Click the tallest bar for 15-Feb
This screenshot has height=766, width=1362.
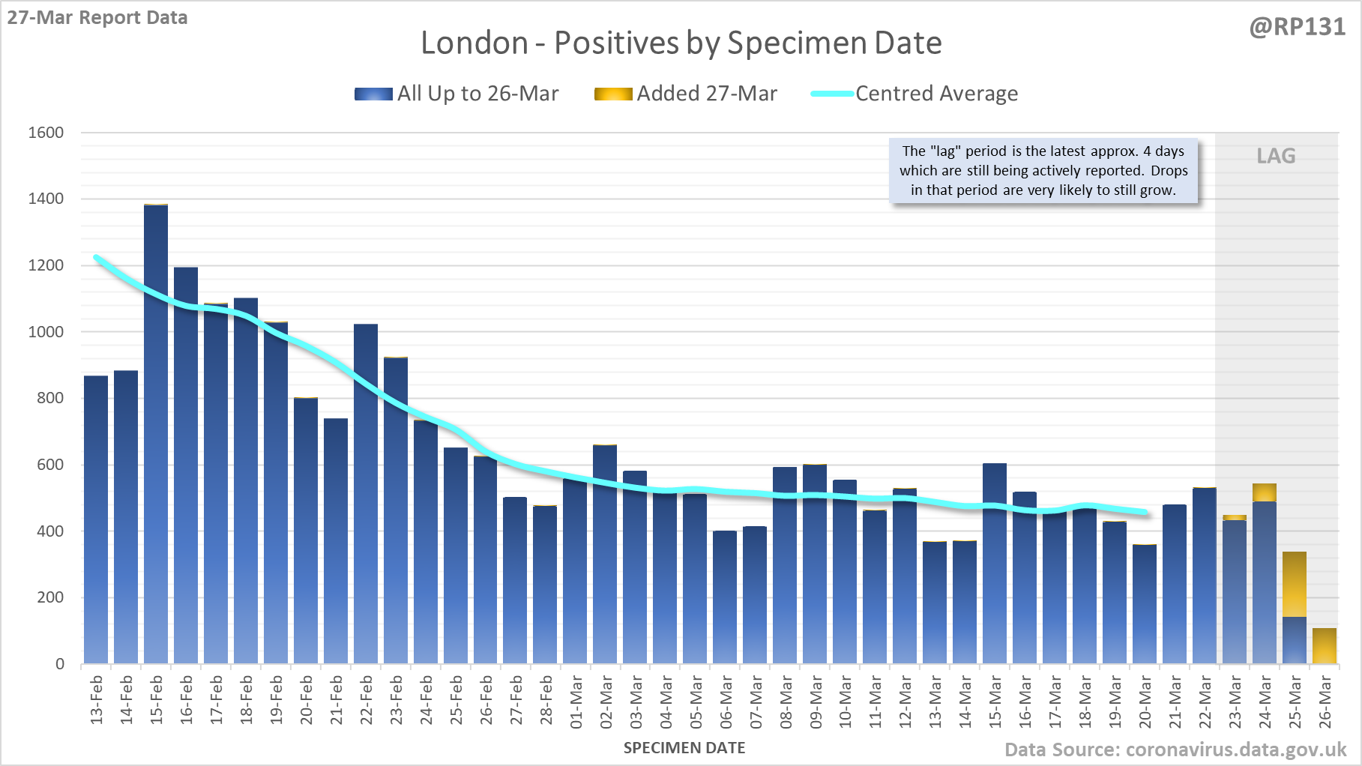(156, 435)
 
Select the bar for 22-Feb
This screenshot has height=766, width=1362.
(366, 495)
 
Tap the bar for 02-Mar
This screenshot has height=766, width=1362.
(605, 555)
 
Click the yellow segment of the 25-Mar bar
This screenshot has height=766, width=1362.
(1295, 585)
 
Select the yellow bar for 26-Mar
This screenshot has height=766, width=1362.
(1325, 646)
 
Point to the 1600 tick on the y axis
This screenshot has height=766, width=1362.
(46, 133)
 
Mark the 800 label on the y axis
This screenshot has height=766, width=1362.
(50, 398)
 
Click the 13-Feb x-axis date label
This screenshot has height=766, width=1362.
(97, 700)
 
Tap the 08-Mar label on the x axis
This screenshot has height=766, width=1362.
(786, 702)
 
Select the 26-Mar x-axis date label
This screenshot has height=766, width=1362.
(1325, 702)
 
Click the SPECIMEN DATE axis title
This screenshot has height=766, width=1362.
(684, 748)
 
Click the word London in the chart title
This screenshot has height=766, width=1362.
(474, 43)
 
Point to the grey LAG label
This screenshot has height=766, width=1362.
(1276, 156)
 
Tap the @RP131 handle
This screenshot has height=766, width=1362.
(1297, 27)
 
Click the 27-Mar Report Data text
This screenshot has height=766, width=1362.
(97, 17)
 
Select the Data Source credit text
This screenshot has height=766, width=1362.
(1175, 750)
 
